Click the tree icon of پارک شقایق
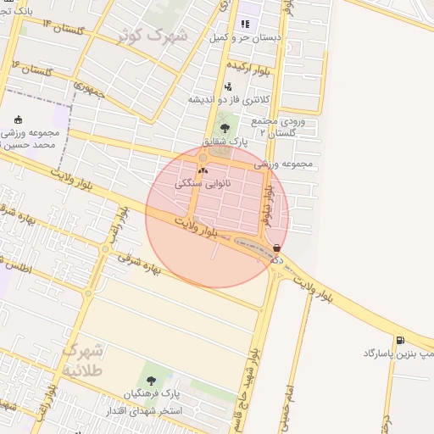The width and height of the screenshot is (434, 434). [225, 128]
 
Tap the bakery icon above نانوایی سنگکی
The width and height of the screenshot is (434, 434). [203, 170]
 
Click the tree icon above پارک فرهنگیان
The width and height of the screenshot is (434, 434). [152, 381]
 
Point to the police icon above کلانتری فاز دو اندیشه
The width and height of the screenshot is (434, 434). [228, 86]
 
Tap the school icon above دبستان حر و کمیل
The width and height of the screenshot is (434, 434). [246, 24]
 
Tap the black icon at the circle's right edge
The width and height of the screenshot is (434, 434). [276, 248]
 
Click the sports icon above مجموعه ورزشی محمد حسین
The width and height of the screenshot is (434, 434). [19, 120]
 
